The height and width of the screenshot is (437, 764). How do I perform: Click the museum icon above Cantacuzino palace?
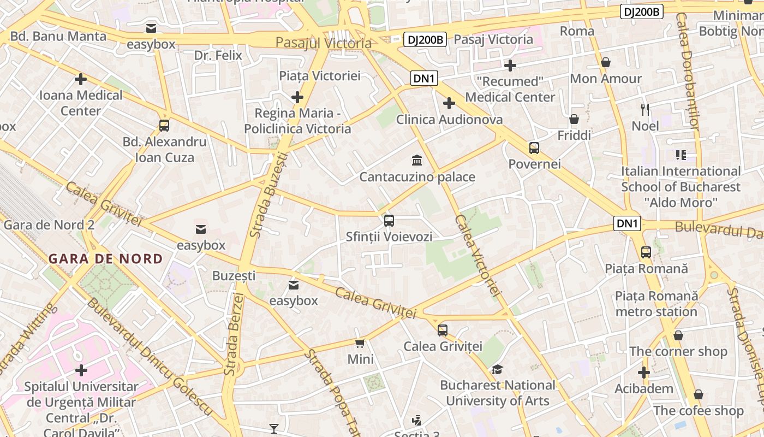(x=417, y=160)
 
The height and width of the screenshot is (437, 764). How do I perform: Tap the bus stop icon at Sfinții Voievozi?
(x=389, y=221)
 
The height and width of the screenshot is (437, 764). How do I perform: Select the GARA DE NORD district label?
(x=106, y=258)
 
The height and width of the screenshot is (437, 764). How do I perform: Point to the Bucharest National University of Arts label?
(x=498, y=393)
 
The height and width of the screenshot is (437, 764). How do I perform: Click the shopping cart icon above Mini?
(x=360, y=343)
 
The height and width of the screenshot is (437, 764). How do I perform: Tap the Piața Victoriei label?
(x=320, y=75)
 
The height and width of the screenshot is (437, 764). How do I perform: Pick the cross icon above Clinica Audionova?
(x=449, y=103)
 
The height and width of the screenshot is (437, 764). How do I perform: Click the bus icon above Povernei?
(x=534, y=147)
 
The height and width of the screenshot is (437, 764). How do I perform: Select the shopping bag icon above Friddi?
(x=574, y=119)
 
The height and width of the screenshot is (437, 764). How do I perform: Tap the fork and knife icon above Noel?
(x=646, y=109)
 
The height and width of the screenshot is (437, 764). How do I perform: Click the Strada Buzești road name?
(x=268, y=194)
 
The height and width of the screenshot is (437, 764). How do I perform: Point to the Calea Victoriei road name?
(x=478, y=256)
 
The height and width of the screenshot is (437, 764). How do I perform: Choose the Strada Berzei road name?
(x=233, y=333)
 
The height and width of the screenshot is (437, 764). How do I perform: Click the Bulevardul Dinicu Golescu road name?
(x=148, y=356)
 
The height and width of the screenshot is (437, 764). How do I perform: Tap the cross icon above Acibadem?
(x=644, y=373)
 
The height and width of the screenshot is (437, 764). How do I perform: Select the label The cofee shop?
(x=699, y=410)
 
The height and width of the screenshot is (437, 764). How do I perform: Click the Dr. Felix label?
(x=218, y=55)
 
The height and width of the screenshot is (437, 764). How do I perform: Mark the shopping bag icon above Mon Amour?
(x=606, y=63)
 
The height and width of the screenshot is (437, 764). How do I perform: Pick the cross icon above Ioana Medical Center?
(x=81, y=79)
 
